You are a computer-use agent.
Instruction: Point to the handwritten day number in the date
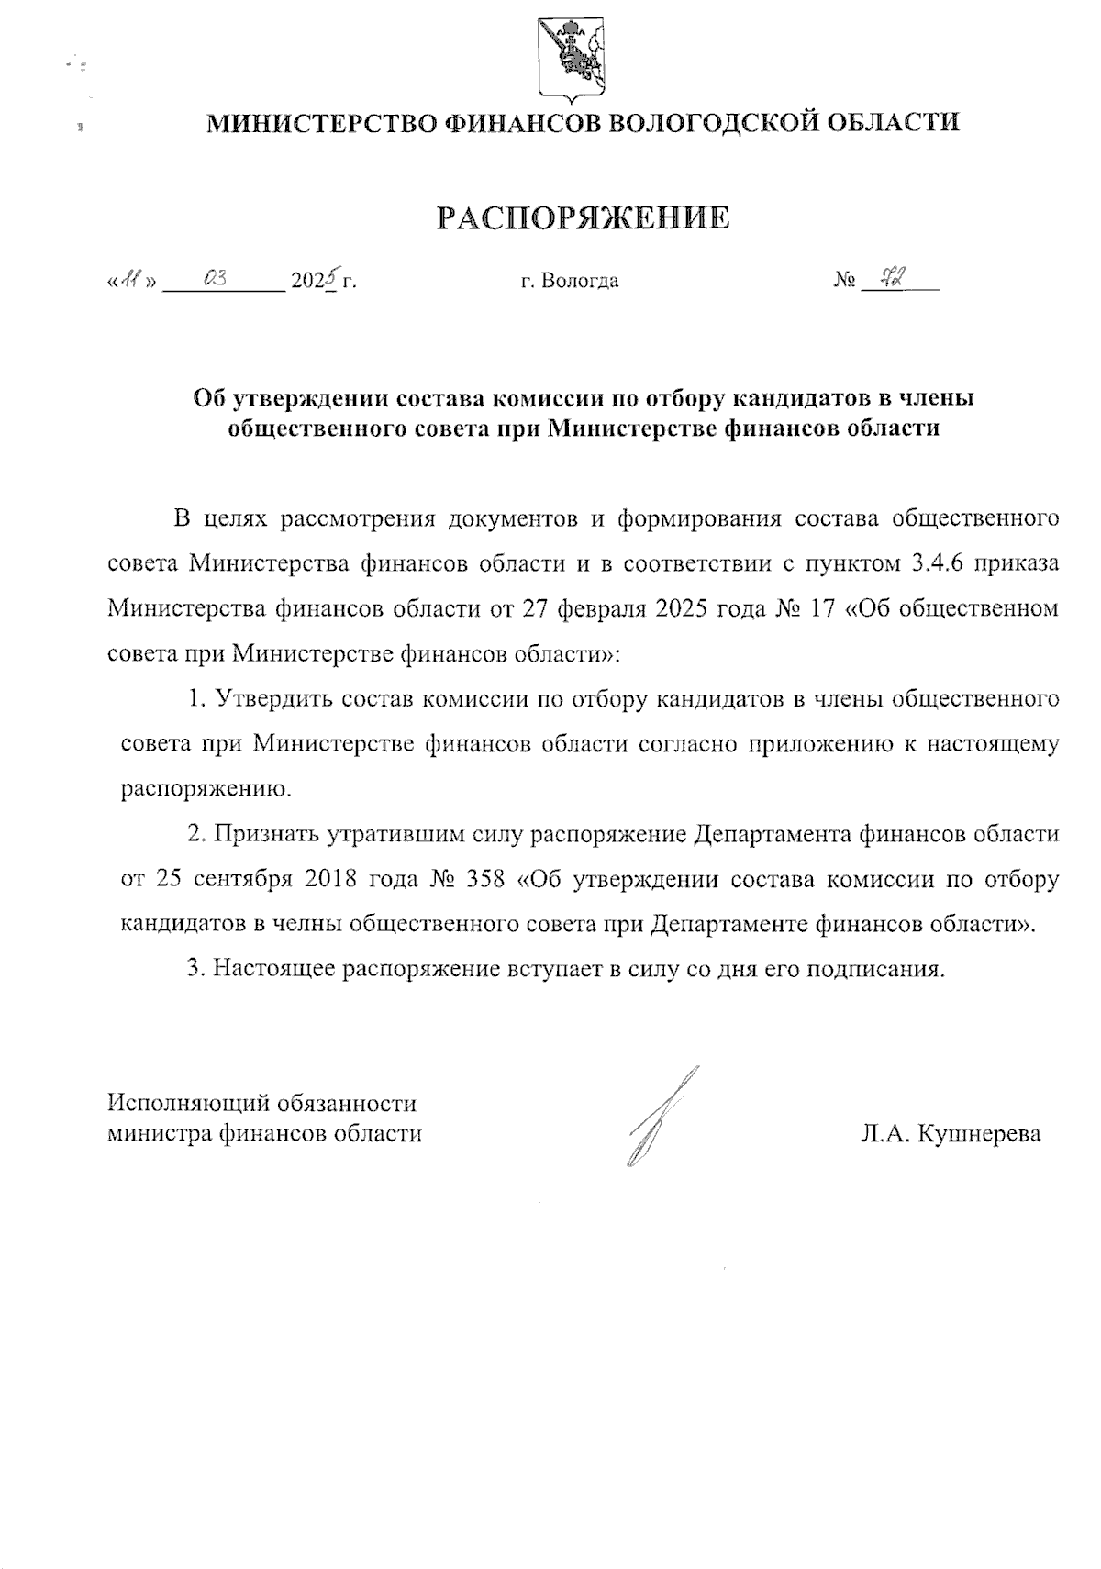coord(135,280)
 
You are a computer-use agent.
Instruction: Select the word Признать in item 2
coord(266,834)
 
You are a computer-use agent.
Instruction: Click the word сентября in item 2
coord(243,879)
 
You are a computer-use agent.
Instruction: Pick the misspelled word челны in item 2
coord(307,924)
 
